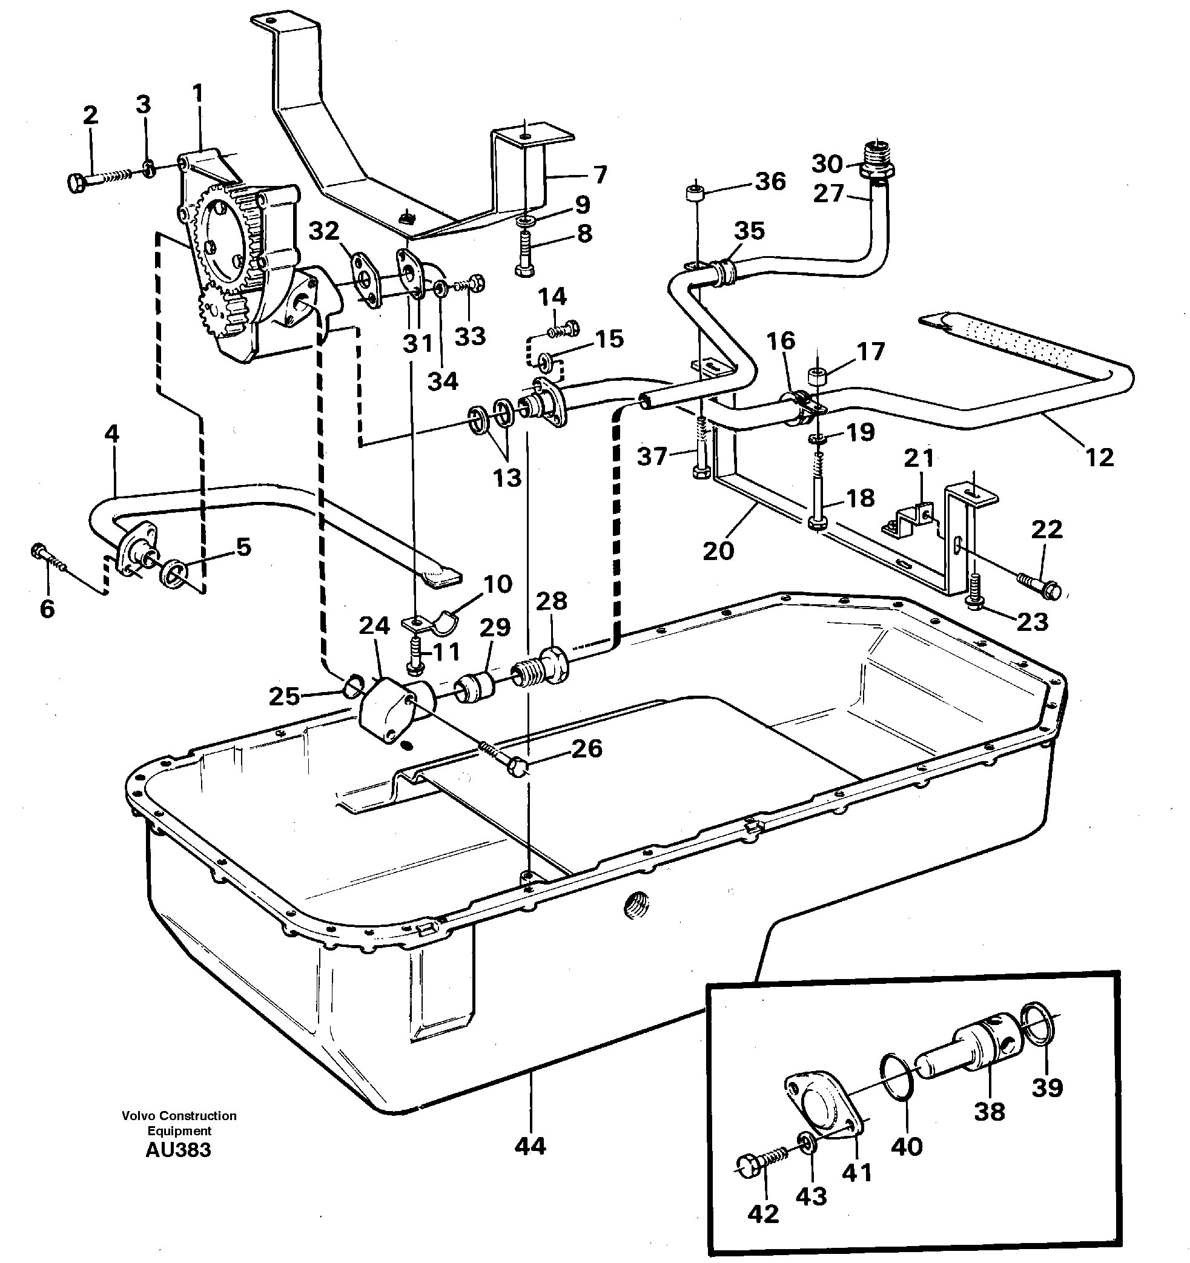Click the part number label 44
[x=530, y=1146]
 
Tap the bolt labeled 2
[x=95, y=179]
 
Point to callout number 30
[x=827, y=164]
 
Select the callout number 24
[x=374, y=626]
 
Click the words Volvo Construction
[x=179, y=1116]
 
